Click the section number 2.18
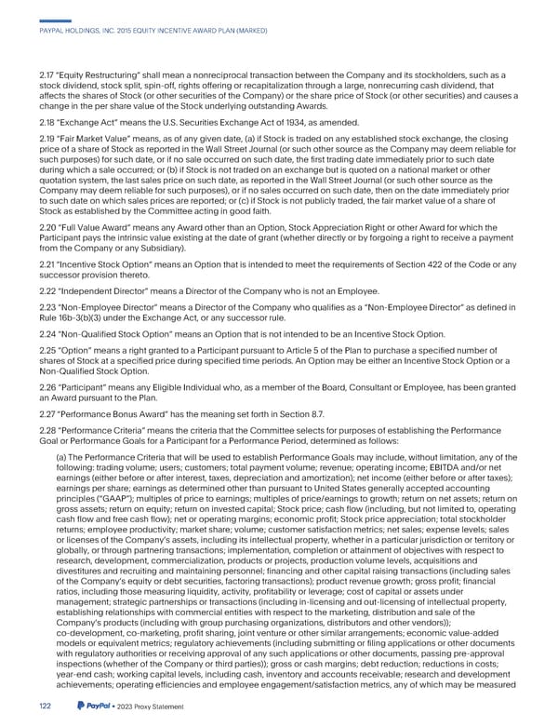pyautogui.click(x=40, y=122)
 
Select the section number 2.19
pyautogui.click(x=40, y=138)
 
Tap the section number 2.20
pyautogui.click(x=40, y=228)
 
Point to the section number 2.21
pyautogui.click(x=40, y=266)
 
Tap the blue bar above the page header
pyautogui.click(x=57, y=20)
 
